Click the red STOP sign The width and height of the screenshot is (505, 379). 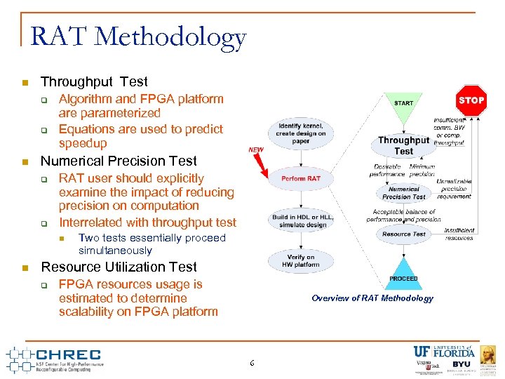[x=471, y=100]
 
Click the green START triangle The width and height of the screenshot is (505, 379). [x=403, y=105]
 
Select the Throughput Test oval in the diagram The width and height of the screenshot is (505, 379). [x=403, y=145]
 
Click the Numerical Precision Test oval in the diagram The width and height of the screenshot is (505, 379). [x=403, y=192]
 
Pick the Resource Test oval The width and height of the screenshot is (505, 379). [x=403, y=234]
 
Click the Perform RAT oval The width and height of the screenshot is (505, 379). [x=301, y=178]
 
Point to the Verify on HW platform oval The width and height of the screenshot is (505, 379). [x=301, y=261]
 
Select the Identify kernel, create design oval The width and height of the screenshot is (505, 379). [x=301, y=133]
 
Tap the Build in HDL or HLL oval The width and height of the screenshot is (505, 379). [x=301, y=221]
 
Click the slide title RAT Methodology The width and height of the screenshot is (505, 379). [x=138, y=37]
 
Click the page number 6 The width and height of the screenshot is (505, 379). [x=252, y=362]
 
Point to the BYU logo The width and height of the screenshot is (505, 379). [x=461, y=365]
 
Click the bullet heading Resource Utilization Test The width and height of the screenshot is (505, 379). [x=119, y=267]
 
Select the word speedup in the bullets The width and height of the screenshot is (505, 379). [x=83, y=143]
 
